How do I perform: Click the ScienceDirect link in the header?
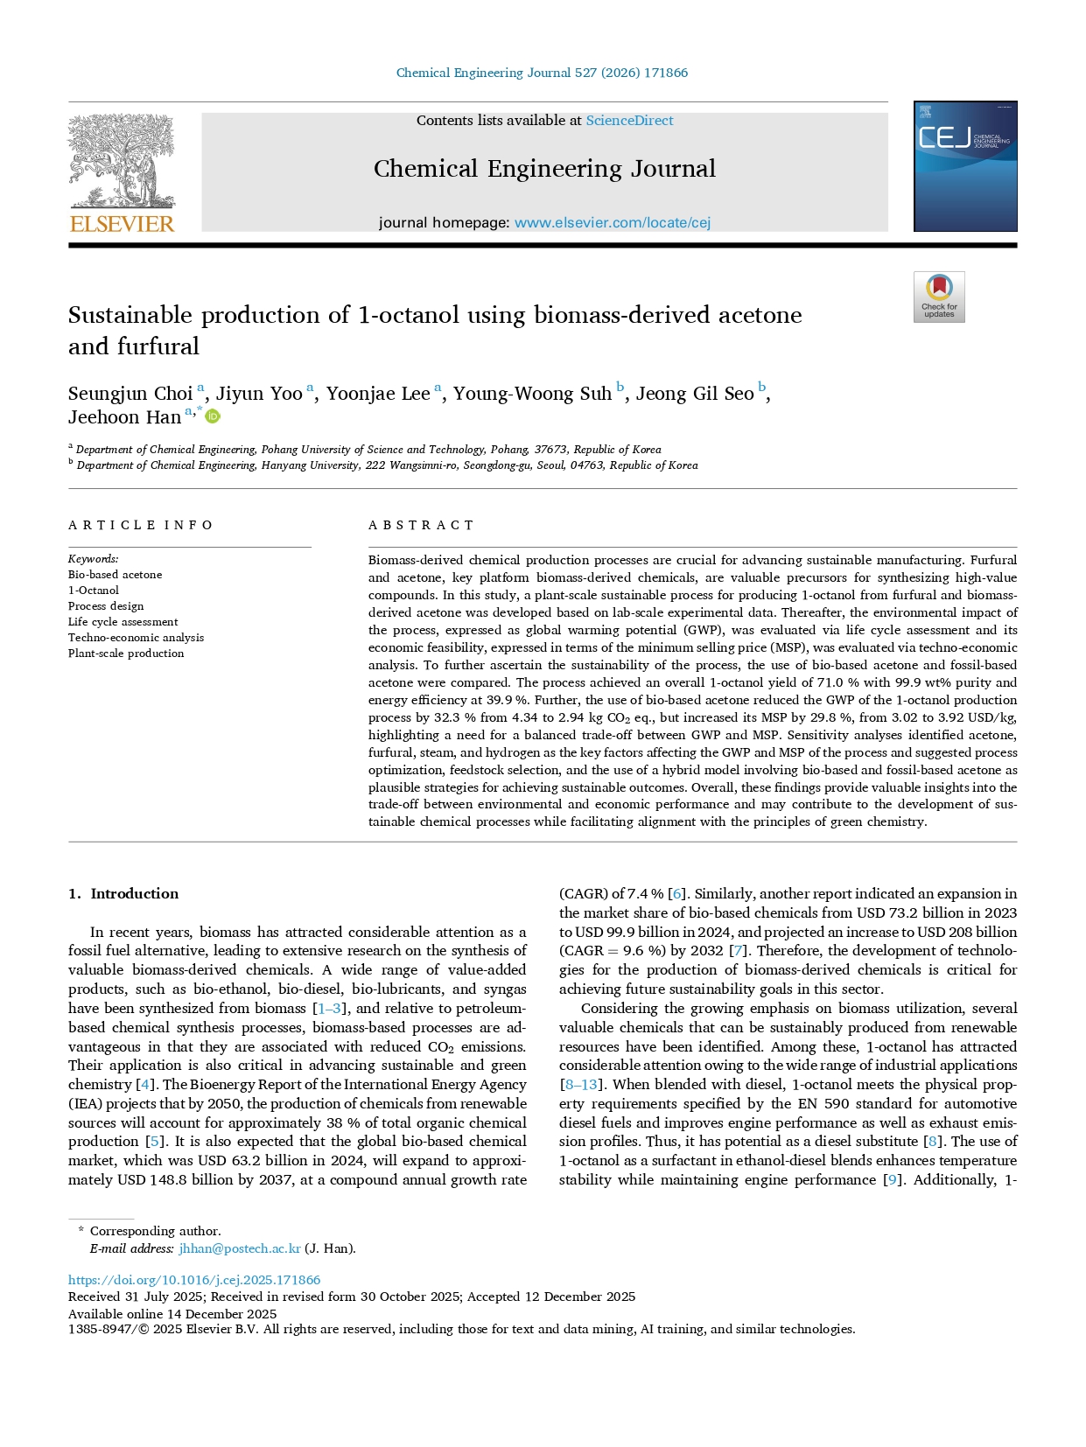point(629,121)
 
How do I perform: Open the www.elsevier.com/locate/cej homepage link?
point(612,222)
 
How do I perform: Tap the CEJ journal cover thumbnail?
point(964,166)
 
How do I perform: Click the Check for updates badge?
point(938,297)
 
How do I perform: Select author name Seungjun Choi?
point(130,394)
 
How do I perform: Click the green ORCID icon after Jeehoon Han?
point(213,416)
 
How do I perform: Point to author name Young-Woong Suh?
point(532,394)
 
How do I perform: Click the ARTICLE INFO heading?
point(141,525)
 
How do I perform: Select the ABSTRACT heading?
point(421,525)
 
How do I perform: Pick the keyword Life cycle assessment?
point(123,622)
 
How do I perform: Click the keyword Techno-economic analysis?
point(136,638)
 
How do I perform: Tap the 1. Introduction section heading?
point(123,893)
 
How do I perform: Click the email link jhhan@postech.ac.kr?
point(239,1248)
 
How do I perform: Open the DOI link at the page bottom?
point(194,1279)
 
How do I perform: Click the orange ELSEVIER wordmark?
point(122,224)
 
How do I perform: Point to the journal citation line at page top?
point(542,73)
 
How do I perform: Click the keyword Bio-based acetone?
point(115,575)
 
